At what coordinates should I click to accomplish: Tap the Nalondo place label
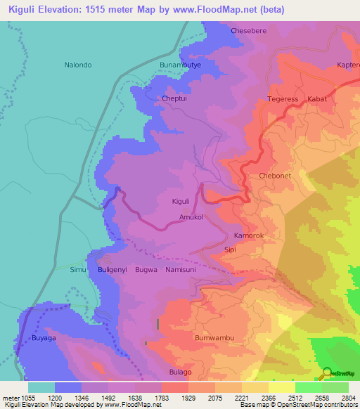pyautogui.click(x=78, y=65)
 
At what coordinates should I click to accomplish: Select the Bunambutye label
pyautogui.click(x=181, y=65)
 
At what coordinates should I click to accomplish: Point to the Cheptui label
pyautogui.click(x=176, y=99)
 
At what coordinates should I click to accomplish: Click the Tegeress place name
pyautogui.click(x=283, y=99)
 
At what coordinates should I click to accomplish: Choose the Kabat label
pyautogui.click(x=317, y=99)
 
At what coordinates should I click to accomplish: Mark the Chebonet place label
pyautogui.click(x=274, y=176)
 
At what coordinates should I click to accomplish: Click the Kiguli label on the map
pyautogui.click(x=181, y=202)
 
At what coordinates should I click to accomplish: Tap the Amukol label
pyautogui.click(x=191, y=218)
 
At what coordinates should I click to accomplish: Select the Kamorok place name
pyautogui.click(x=249, y=236)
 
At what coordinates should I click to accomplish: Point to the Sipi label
pyautogui.click(x=230, y=249)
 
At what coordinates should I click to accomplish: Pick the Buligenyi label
pyautogui.click(x=112, y=269)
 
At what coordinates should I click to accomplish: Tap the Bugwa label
pyautogui.click(x=146, y=269)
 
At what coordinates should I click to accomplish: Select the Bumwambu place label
pyautogui.click(x=214, y=338)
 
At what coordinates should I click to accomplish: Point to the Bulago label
pyautogui.click(x=180, y=372)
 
